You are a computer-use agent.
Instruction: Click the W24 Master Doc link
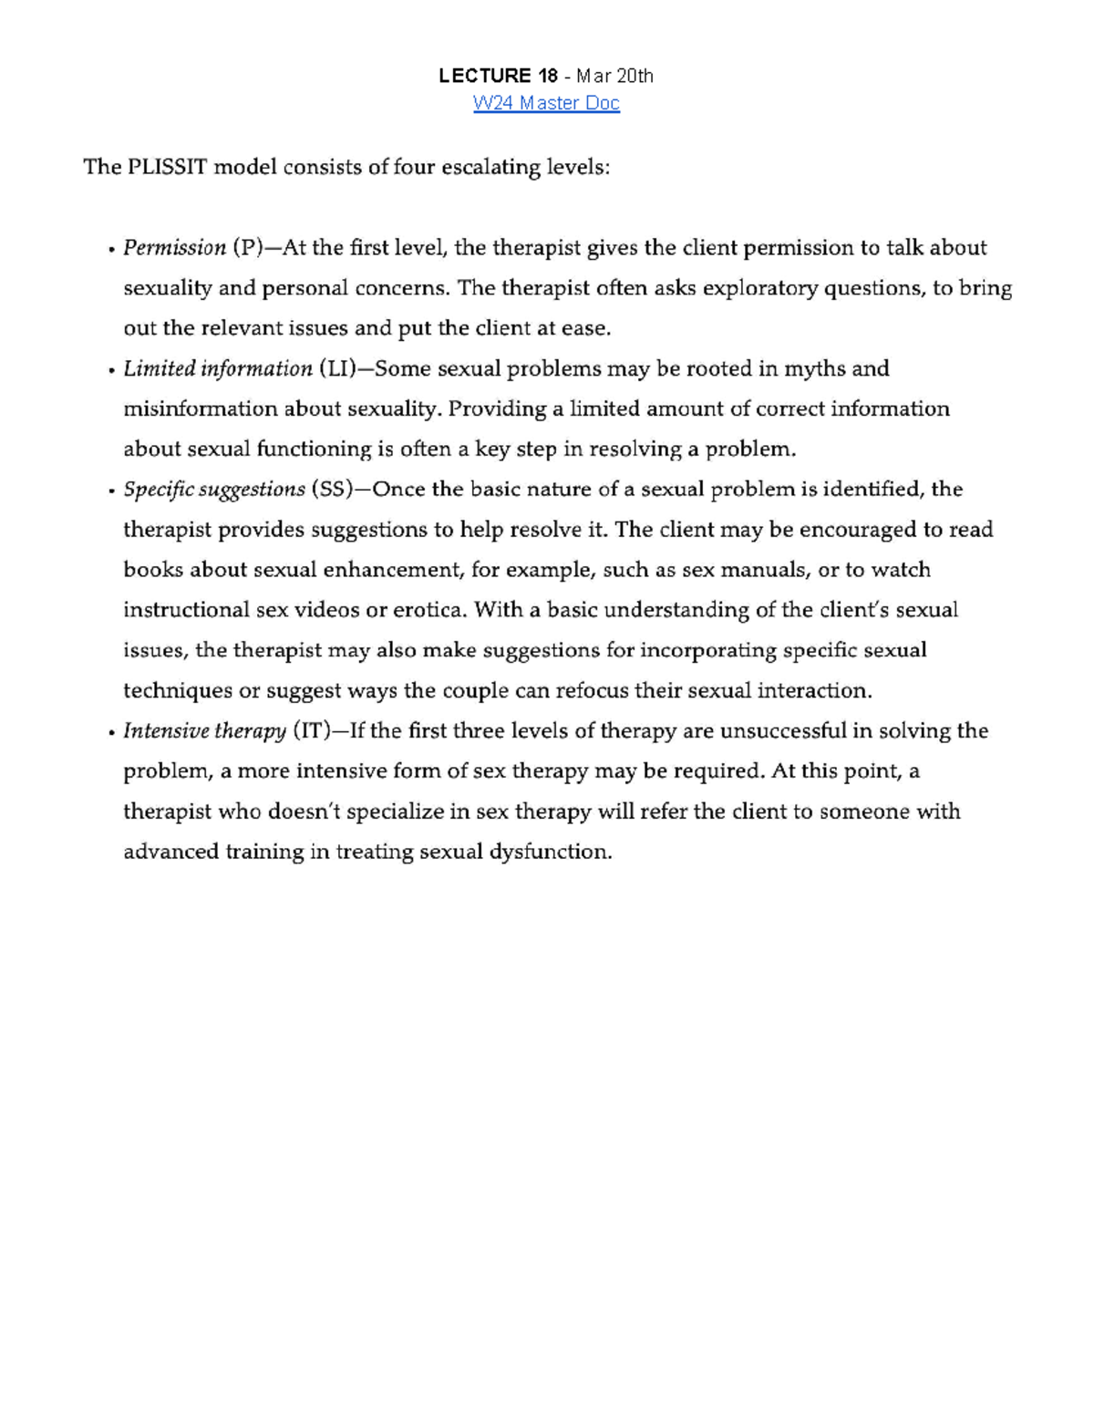[x=546, y=103]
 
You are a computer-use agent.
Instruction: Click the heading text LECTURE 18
[x=498, y=76]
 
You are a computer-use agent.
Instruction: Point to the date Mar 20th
[x=614, y=76]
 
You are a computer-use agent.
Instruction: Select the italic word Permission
[x=174, y=248]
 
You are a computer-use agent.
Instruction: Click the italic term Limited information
[x=218, y=368]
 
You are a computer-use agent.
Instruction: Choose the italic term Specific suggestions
[x=214, y=490]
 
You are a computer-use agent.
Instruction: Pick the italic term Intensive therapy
[x=205, y=731]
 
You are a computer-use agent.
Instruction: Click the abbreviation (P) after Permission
[x=247, y=248]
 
